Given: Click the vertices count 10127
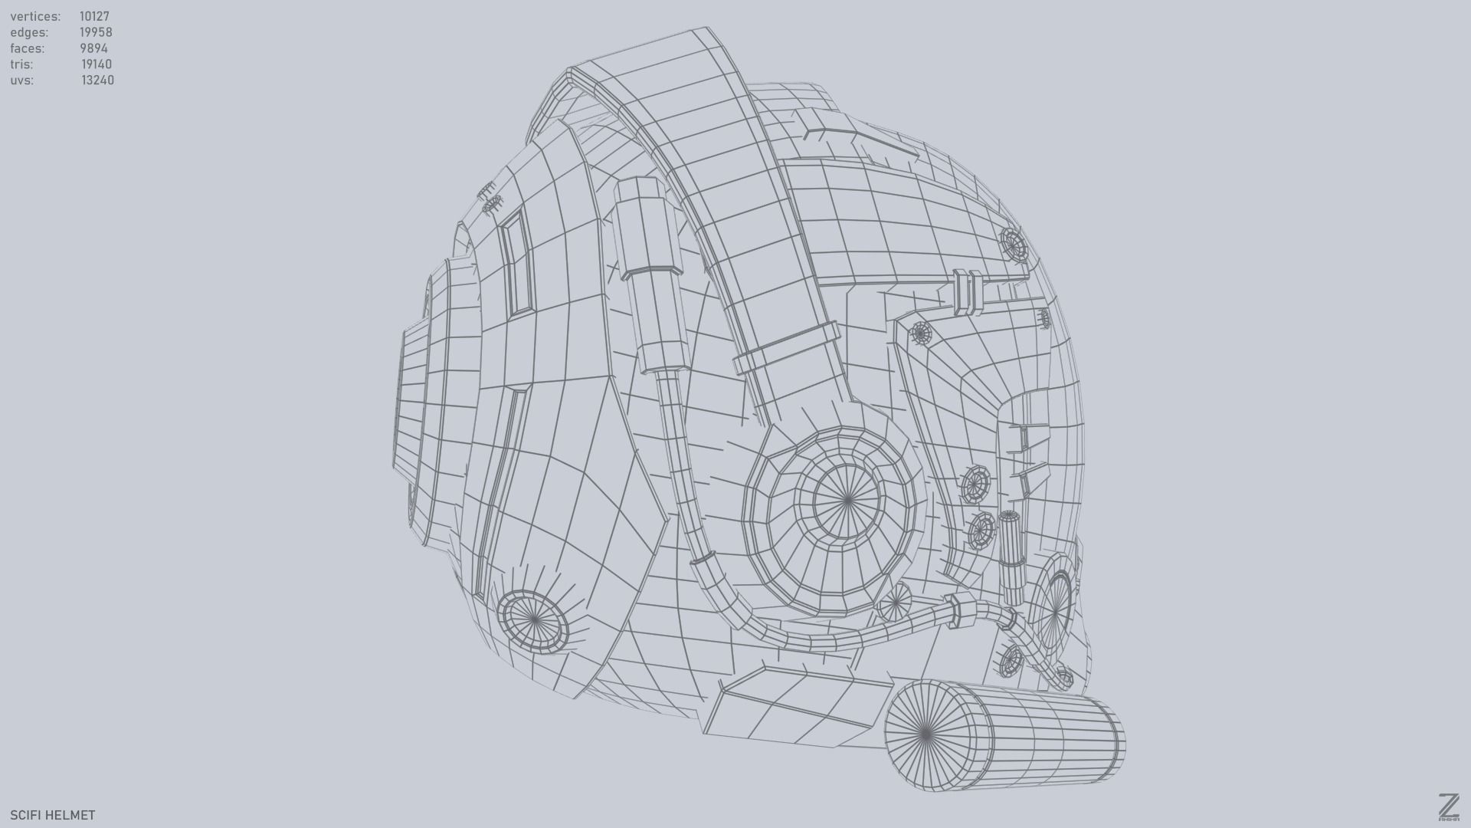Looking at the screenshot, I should (94, 16).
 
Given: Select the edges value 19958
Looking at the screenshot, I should (96, 32).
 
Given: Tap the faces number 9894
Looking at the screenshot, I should (93, 48).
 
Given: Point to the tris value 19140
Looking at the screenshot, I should (97, 64).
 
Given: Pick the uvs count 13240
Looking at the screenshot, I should (97, 80).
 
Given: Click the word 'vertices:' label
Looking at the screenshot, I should (35, 16).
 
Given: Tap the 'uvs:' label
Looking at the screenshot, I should (21, 80).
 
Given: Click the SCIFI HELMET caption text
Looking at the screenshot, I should (53, 815).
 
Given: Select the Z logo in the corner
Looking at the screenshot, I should (1448, 807).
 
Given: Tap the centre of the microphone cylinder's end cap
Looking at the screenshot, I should (926, 734).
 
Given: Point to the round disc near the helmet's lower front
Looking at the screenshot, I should (532, 620).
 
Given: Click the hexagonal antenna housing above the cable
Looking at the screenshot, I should (646, 228).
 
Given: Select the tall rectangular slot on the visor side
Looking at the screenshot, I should (516, 262).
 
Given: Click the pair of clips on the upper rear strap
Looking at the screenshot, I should (968, 292).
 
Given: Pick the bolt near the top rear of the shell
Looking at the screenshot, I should (1014, 244).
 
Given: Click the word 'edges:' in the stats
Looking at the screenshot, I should (29, 32).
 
